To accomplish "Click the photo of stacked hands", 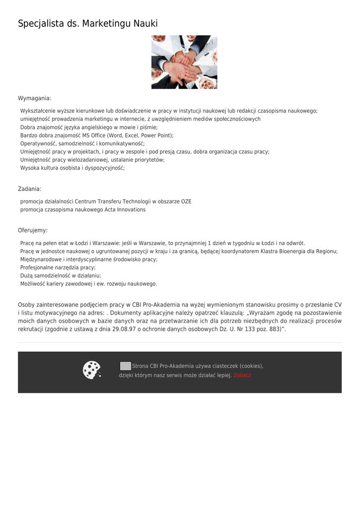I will (x=184, y=62).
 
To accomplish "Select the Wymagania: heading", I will (x=35, y=98).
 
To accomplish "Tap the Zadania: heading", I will (x=30, y=189).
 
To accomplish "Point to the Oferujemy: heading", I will (x=33, y=231).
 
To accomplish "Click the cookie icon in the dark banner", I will (x=92, y=370).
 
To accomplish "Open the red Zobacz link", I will (x=242, y=376).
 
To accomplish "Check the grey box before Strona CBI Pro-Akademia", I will (x=126, y=366).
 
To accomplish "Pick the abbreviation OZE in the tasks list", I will (x=186, y=202).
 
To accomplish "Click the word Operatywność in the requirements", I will (x=38, y=144).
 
